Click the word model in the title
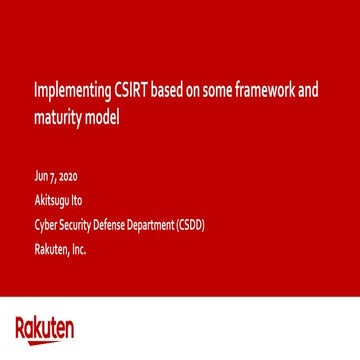pos(103,121)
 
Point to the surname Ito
pos(76,208)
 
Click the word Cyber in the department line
pos(43,227)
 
